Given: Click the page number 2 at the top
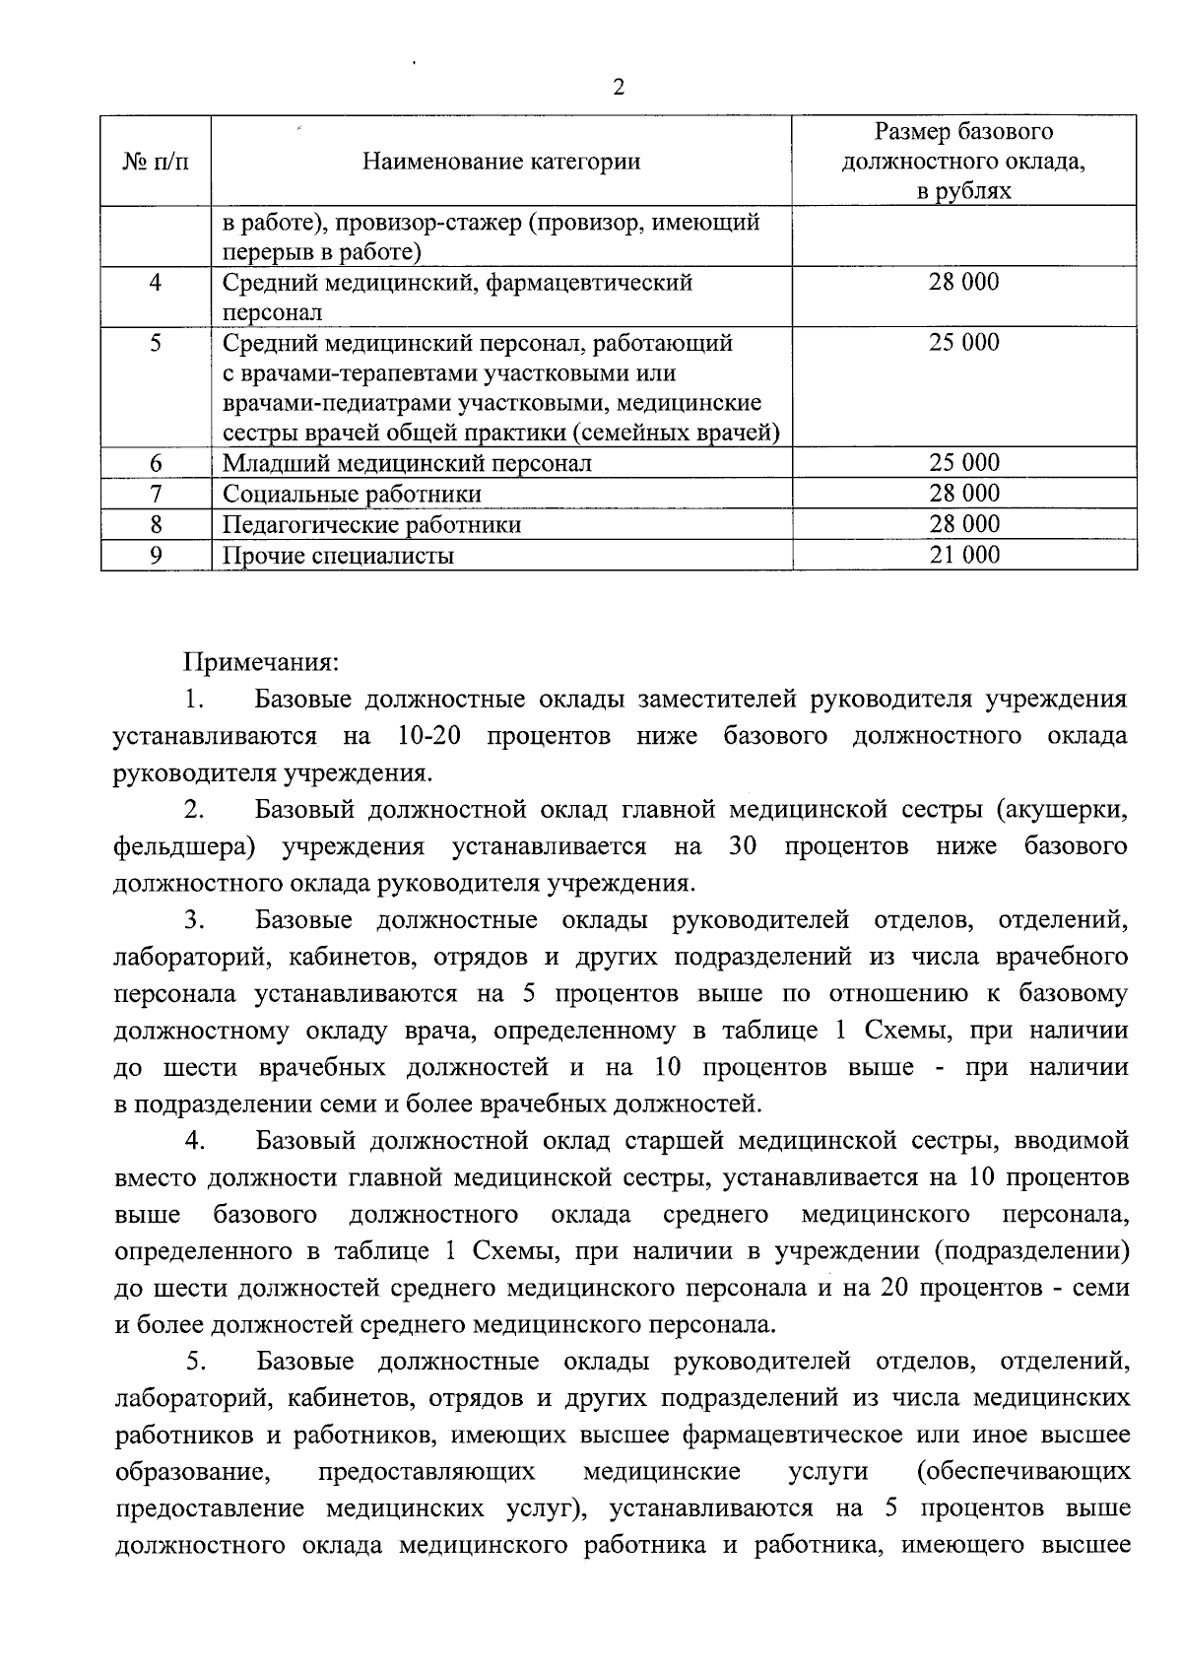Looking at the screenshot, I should point(619,88).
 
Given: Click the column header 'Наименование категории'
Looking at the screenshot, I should point(501,162).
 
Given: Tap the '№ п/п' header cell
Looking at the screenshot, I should point(156,162).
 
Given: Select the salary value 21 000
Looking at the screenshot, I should point(964,555).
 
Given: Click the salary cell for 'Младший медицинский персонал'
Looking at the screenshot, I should point(964,463).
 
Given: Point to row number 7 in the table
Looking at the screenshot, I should point(156,494).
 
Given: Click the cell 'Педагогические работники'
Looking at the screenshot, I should point(371,524).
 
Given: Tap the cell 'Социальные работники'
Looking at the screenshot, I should point(352,494).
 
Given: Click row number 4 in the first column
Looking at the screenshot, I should point(156,283).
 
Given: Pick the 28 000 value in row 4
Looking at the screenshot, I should point(964,283).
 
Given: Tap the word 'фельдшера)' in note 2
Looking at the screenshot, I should point(185,846).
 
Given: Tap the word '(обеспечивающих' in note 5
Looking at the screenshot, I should point(1022,1472).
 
